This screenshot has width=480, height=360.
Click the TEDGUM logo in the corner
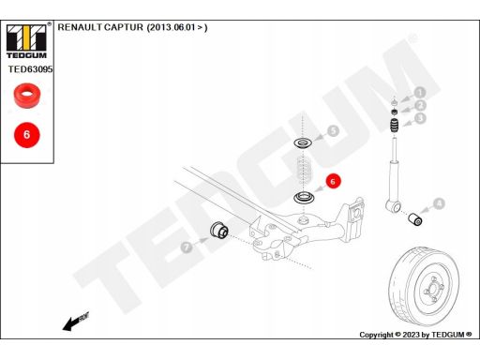pos(26,40)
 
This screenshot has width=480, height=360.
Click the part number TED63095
pos(30,69)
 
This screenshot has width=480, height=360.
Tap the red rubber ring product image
pos(27,96)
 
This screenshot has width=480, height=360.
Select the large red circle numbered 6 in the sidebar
pos(27,135)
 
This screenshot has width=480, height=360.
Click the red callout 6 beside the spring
pos(333,181)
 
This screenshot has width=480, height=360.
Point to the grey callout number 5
pos(334,130)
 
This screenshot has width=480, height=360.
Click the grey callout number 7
pos(187,247)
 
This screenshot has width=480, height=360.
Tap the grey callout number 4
pos(439,204)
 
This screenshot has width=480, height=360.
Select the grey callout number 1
pos(420,93)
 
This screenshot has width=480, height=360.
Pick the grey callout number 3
pos(420,118)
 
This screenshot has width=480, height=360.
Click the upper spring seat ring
pos(303,143)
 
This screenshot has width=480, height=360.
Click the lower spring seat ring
pos(304,198)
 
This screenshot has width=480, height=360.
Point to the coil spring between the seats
pos(303,171)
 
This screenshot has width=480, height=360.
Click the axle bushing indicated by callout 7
pos(219,230)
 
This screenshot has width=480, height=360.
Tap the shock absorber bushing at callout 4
pos(416,218)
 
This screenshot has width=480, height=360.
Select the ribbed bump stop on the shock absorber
pos(395,126)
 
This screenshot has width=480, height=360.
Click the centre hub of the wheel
pos(433,289)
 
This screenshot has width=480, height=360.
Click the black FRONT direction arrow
pos(76,322)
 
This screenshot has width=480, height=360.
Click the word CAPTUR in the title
pos(124,27)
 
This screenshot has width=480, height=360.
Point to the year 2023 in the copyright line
pos(412,335)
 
